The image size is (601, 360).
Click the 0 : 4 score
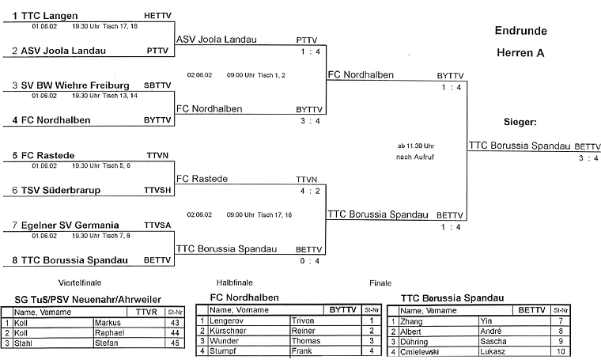(x=309, y=260)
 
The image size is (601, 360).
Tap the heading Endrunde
(x=520, y=31)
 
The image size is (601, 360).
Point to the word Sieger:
(x=520, y=123)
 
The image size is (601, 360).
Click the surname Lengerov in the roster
(x=229, y=321)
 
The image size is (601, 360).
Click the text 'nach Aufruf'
(x=417, y=157)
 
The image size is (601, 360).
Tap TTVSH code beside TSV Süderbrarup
(x=156, y=191)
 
